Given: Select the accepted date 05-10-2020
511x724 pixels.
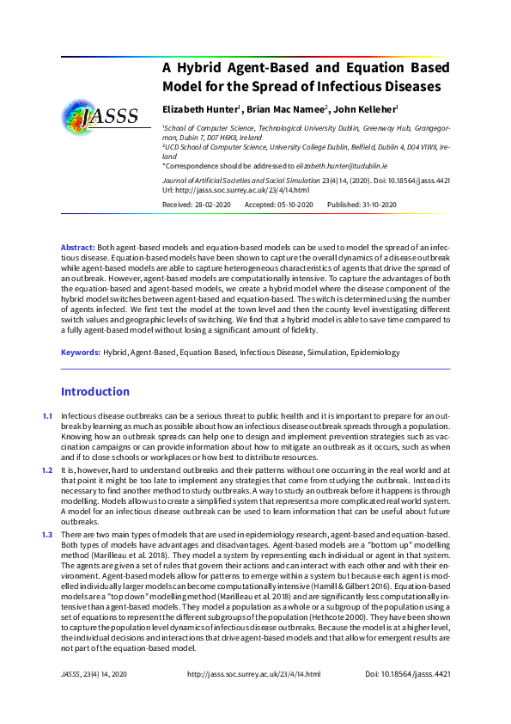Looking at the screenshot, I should pyautogui.click(x=293, y=204).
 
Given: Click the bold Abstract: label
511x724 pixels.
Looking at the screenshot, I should pyautogui.click(x=78, y=247).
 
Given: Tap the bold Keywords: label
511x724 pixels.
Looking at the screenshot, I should pyautogui.click(x=80, y=353).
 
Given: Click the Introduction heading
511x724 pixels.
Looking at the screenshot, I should pyautogui.click(x=94, y=392).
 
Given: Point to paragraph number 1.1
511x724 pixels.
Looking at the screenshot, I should pyautogui.click(x=47, y=417).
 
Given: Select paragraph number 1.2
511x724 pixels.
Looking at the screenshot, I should pyautogui.click(x=47, y=470).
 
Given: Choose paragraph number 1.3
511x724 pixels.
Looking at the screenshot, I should pyautogui.click(x=47, y=535).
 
